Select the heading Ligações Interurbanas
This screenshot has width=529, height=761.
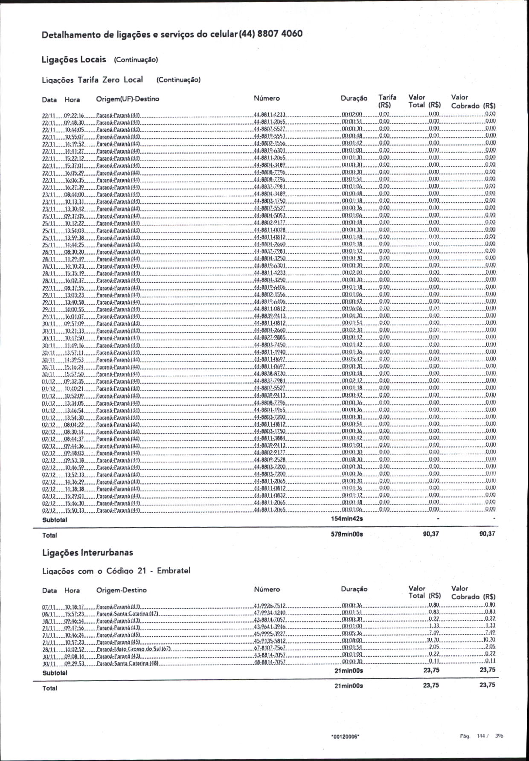tap(87, 552)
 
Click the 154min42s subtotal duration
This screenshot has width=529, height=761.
tap(347, 519)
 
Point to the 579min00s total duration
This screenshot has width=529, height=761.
tap(347, 534)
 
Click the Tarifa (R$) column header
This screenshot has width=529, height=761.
tap(387, 101)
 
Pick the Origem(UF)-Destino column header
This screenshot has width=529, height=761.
tap(128, 99)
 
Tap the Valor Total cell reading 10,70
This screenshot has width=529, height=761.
tap(433, 640)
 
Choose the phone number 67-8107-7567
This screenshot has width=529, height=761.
tap(269, 648)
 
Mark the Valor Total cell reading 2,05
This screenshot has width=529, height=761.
tap(434, 647)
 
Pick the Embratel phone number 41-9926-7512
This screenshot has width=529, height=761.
tap(269, 606)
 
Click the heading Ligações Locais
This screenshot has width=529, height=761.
tap(74, 59)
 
